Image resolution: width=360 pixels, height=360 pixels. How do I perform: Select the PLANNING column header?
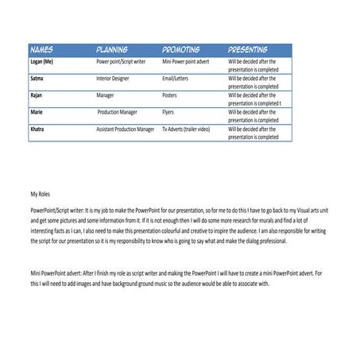pos(112,48)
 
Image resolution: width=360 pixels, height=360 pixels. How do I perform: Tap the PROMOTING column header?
pos(180,48)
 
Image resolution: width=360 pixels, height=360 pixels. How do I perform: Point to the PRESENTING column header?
pos(248,48)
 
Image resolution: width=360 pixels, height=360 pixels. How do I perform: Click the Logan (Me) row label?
pos(44,60)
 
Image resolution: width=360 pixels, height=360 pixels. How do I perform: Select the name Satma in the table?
pos(37,79)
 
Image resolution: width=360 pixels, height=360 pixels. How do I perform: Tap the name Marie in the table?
pos(37,112)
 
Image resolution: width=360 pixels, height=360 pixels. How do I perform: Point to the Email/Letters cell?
pos(178,79)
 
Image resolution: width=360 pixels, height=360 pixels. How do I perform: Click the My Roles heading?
pos(40,193)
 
